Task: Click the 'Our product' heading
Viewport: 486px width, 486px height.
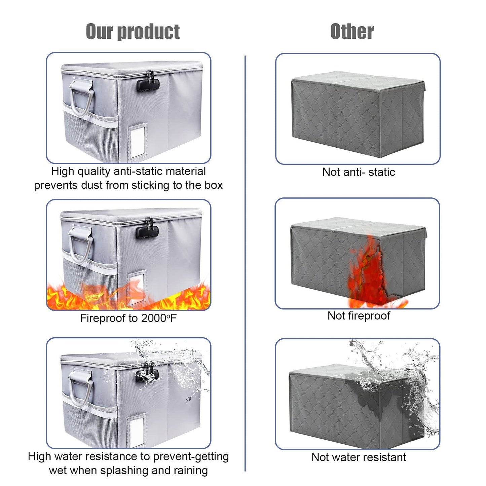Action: click(x=133, y=32)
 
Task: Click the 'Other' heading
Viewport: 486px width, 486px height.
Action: click(x=352, y=32)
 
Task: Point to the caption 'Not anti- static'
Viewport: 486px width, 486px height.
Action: click(x=359, y=172)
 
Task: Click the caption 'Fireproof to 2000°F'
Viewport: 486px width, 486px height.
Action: click(x=128, y=318)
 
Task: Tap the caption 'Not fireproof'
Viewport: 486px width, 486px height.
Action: click(x=359, y=316)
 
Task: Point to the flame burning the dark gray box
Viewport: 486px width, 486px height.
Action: click(x=371, y=275)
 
